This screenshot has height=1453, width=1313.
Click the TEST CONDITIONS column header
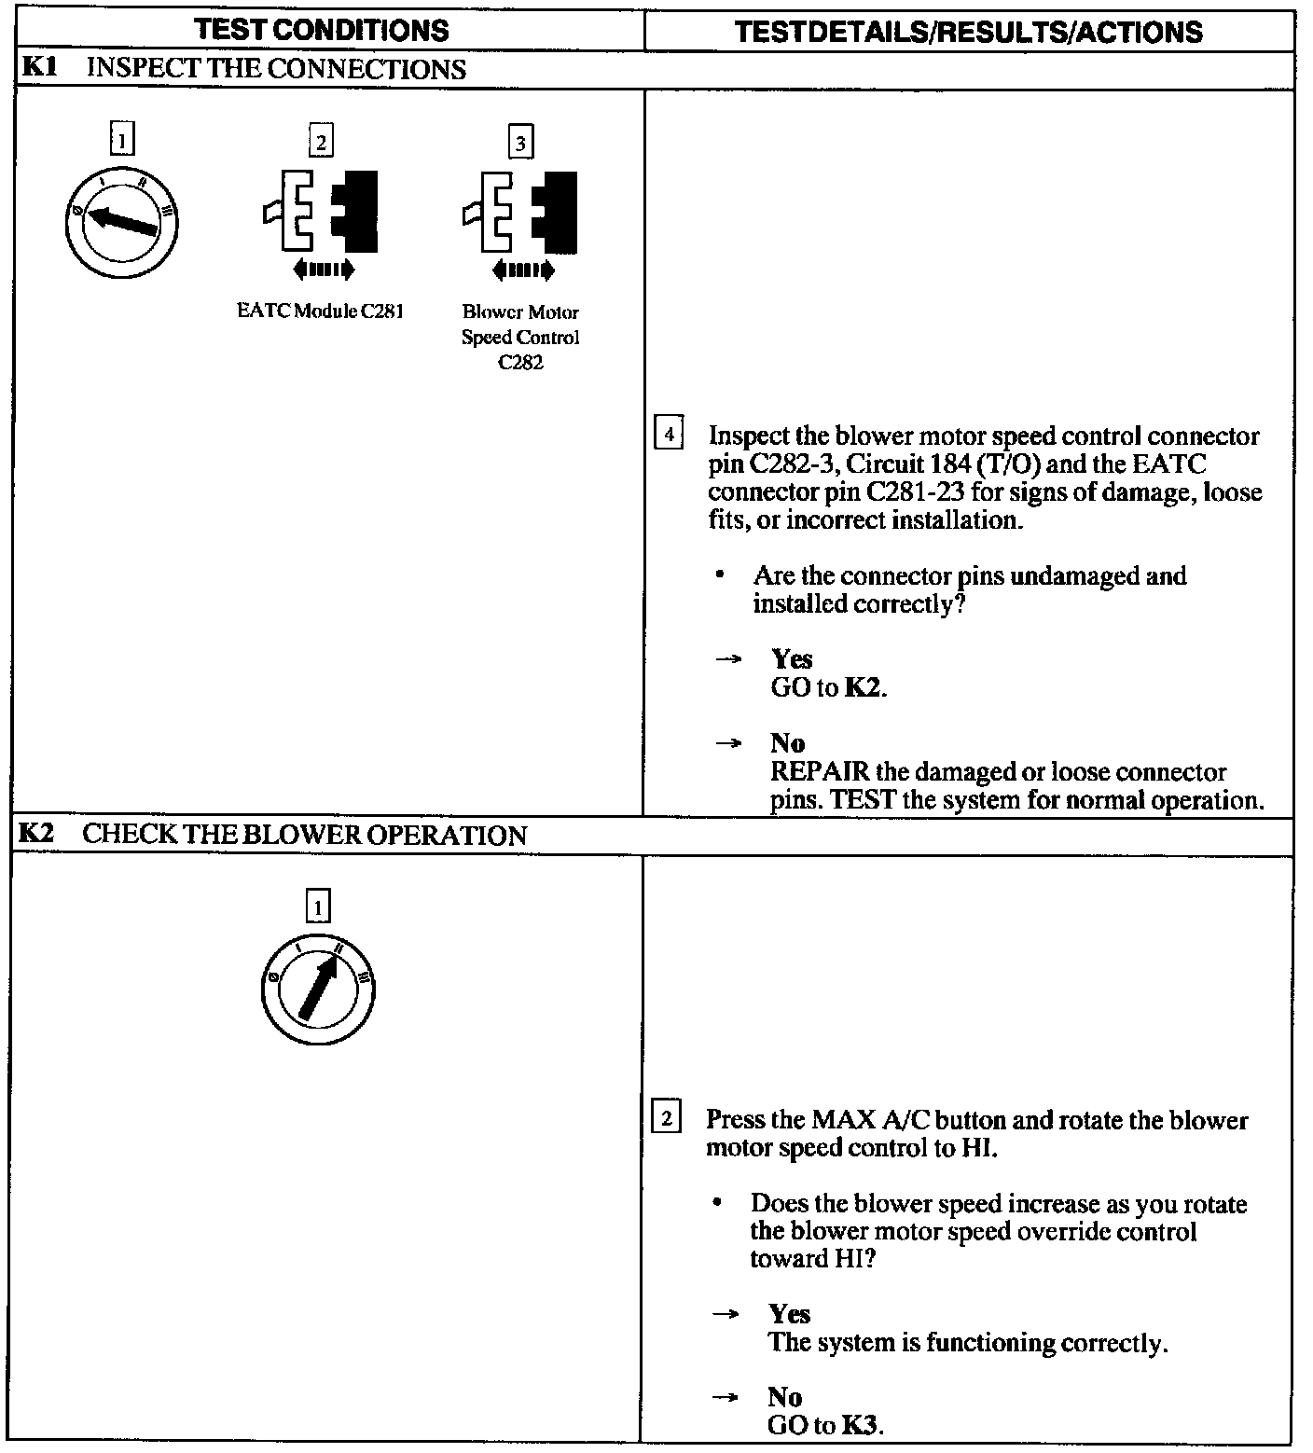(x=322, y=30)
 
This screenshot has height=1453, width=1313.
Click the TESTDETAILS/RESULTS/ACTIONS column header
(x=968, y=32)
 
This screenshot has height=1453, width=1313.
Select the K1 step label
(x=35, y=68)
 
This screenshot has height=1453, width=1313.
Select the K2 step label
(x=35, y=833)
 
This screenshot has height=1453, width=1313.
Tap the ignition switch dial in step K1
(x=122, y=222)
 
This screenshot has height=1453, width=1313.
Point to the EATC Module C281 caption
(x=320, y=311)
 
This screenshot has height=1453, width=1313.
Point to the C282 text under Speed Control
(x=520, y=363)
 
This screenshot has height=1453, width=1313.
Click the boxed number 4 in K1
(x=669, y=435)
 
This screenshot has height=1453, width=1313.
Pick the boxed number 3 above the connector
(x=520, y=143)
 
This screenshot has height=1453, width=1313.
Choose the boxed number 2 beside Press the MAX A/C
(x=666, y=1117)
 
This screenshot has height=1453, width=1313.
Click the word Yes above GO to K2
(x=792, y=659)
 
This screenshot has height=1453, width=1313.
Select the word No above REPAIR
(x=787, y=742)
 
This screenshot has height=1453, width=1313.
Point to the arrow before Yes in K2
(x=726, y=1314)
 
